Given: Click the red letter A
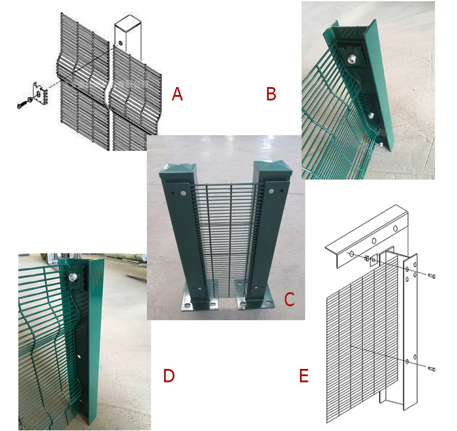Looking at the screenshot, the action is pyautogui.click(x=177, y=94).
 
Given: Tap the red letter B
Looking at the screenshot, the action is pyautogui.click(x=271, y=94).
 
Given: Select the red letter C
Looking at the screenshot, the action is pyautogui.click(x=289, y=299).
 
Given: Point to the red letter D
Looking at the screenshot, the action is pyautogui.click(x=169, y=376).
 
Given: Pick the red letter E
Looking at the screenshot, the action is pyautogui.click(x=303, y=376).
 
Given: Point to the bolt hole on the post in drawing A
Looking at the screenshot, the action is pyautogui.click(x=119, y=43).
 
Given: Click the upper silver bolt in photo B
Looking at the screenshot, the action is pyautogui.click(x=351, y=60).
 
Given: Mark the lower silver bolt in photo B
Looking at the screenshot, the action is pyautogui.click(x=371, y=115).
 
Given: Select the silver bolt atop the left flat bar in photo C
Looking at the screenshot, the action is pyautogui.click(x=183, y=193).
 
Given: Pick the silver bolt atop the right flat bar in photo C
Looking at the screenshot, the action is pyautogui.click(x=271, y=191).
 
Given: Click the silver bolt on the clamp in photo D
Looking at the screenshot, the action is pyautogui.click(x=73, y=278).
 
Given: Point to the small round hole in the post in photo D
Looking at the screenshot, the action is pyautogui.click(x=80, y=356).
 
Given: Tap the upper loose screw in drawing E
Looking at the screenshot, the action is pyautogui.click(x=432, y=276).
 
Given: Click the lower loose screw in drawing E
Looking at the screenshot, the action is pyautogui.click(x=432, y=369).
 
